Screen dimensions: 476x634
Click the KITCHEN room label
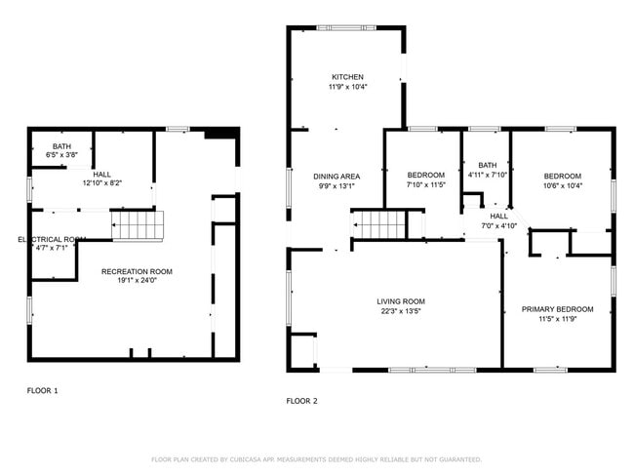(347, 77)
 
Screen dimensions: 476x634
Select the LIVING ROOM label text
(402, 301)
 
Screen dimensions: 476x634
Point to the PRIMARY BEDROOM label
(557, 309)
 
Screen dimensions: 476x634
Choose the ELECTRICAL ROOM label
(53, 239)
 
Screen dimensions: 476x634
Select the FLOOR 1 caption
(42, 390)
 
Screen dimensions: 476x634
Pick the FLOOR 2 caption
(301, 400)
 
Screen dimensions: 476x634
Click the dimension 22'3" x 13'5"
(402, 312)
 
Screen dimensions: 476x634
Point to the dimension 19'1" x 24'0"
(138, 282)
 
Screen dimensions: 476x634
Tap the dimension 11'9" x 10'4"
(347, 88)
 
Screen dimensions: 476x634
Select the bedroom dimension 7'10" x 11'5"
(425, 185)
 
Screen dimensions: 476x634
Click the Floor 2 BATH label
(488, 165)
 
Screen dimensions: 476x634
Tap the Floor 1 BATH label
(61, 145)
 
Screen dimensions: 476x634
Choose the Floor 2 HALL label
(498, 216)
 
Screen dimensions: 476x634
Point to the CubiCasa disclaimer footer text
(316, 459)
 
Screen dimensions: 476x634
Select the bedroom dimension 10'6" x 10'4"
(562, 185)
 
